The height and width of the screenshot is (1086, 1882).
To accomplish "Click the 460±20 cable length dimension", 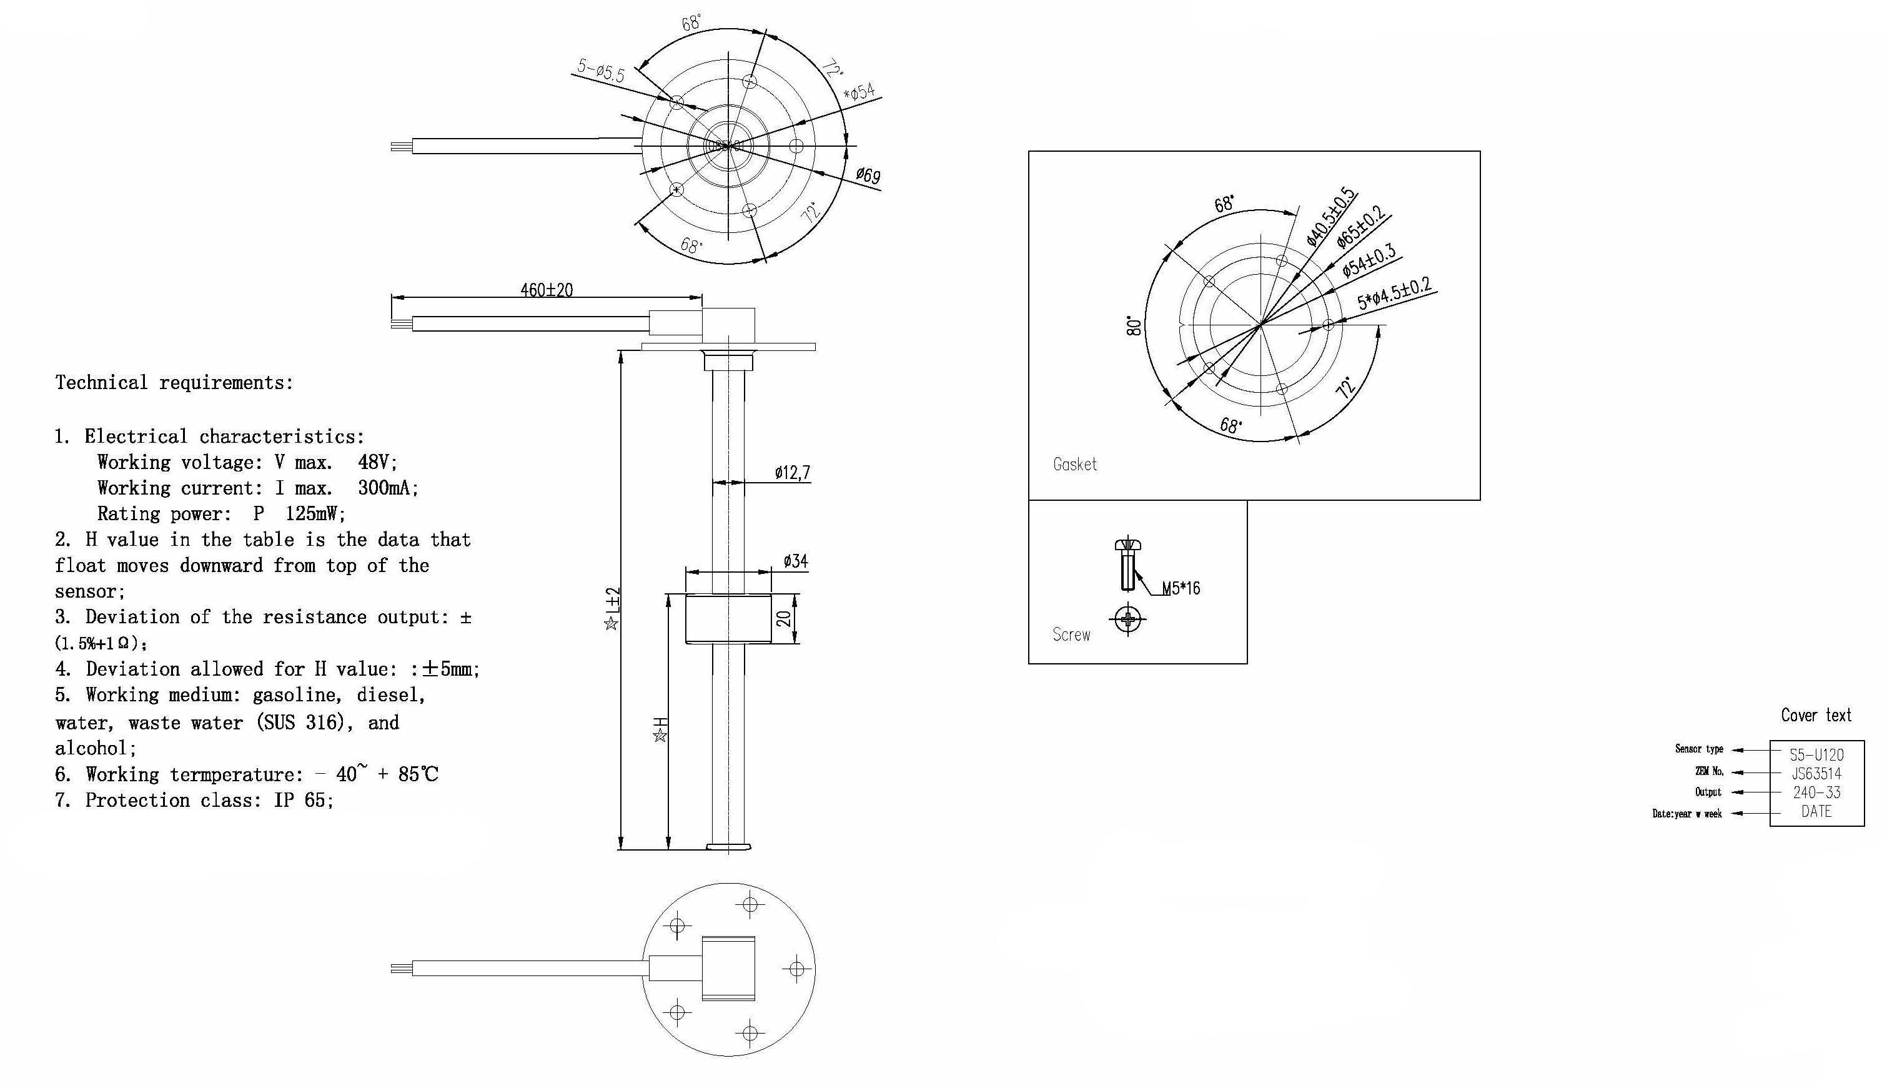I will (546, 290).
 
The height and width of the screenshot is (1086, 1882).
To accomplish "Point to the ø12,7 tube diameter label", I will (791, 473).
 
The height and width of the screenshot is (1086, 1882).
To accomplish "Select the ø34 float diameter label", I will (795, 561).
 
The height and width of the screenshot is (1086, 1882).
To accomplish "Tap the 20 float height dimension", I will (784, 618).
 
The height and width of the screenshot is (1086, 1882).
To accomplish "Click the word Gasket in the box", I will (1074, 465).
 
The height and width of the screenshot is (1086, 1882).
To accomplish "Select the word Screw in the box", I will (1071, 634).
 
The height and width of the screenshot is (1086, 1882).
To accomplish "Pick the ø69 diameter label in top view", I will (868, 175).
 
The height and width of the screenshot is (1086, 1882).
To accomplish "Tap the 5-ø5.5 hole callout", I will (600, 71).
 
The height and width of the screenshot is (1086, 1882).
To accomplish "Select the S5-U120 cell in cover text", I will (1816, 755).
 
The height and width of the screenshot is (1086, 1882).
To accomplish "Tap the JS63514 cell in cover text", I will (1816, 774).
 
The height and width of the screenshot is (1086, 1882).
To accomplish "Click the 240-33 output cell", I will (1816, 792).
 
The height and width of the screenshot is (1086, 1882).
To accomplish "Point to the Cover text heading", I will (1816, 715).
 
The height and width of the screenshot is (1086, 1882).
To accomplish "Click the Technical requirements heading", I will (174, 383).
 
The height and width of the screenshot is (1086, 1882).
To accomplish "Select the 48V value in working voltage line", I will (377, 463).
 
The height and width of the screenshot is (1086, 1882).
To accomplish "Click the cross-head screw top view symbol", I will (1128, 619).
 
